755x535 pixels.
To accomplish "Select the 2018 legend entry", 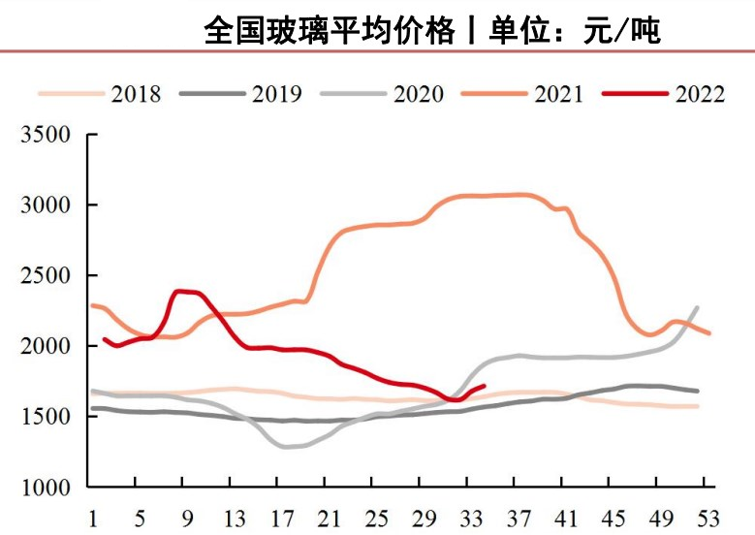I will click(x=136, y=93).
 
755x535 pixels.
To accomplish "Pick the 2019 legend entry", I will click(x=276, y=93).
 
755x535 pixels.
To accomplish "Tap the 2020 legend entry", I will click(x=418, y=93).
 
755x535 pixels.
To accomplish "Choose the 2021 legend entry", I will click(x=558, y=93).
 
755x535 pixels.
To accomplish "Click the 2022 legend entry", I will click(x=699, y=93).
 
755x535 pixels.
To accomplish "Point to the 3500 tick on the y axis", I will click(x=47, y=135).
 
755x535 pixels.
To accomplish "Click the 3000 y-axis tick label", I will click(x=47, y=205).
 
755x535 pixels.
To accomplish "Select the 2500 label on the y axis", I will click(x=47, y=275).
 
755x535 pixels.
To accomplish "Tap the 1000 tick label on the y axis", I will click(x=47, y=487).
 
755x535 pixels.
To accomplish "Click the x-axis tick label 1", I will click(x=92, y=515).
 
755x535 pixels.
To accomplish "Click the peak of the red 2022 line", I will click(x=179, y=291).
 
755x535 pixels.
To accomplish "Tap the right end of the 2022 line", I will click(x=484, y=386).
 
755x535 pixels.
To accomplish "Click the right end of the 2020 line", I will click(x=698, y=307).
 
